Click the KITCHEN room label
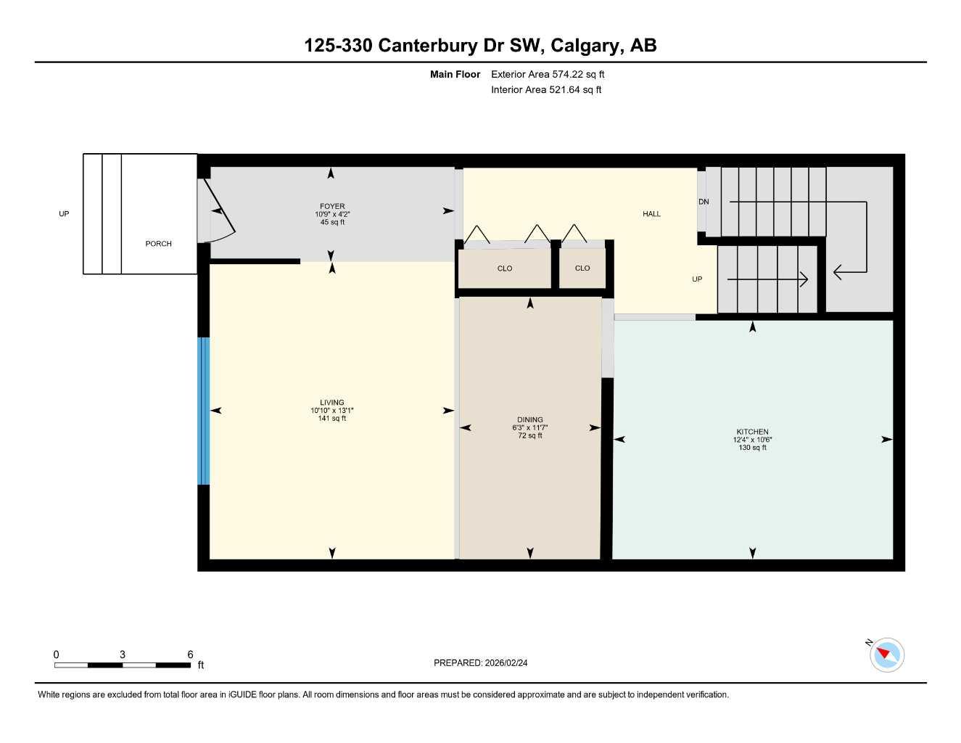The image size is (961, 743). (752, 432)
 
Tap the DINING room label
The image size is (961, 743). (529, 419)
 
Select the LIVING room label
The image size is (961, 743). (332, 403)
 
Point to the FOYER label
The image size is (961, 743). (332, 206)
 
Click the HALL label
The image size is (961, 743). (651, 214)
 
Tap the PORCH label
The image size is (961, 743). (158, 244)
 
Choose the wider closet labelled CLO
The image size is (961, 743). (505, 268)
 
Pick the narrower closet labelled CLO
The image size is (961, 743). (582, 268)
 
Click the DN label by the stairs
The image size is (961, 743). (704, 202)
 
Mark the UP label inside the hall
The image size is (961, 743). (697, 279)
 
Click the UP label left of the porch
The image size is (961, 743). (64, 214)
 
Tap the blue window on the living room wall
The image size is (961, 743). (204, 411)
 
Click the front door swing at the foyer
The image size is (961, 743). (220, 214)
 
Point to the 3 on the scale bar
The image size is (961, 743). (123, 654)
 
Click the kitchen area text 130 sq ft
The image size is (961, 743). (752, 448)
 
